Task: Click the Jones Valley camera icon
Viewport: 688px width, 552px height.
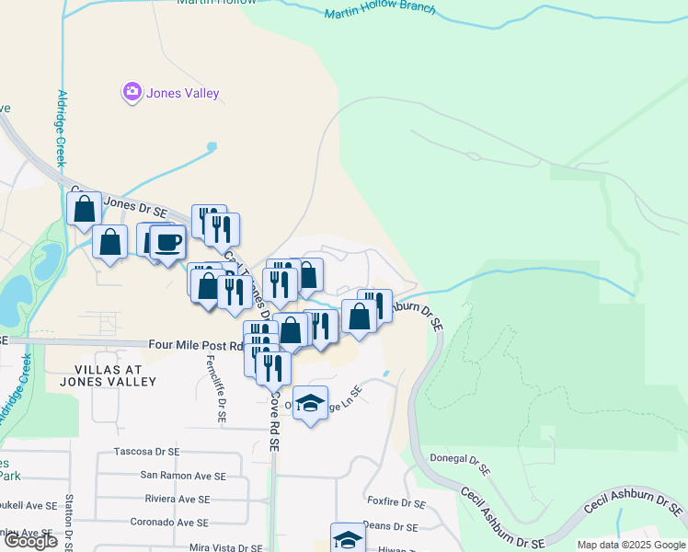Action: [x=132, y=92]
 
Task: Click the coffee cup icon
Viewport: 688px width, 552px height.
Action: [x=167, y=243]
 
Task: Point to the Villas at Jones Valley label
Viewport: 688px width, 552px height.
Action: [x=95, y=374]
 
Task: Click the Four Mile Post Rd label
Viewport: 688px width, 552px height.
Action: [x=195, y=346]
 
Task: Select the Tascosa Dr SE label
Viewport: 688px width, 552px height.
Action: [x=151, y=452]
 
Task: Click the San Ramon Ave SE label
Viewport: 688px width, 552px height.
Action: [x=182, y=476]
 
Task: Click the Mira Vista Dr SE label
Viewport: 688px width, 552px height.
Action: [x=224, y=546]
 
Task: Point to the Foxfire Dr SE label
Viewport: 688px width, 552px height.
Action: [x=396, y=504]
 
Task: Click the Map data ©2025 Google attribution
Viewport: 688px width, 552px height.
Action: [x=631, y=545]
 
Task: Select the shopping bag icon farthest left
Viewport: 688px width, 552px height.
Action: [x=85, y=208]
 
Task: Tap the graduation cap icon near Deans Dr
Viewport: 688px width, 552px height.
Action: [x=348, y=539]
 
